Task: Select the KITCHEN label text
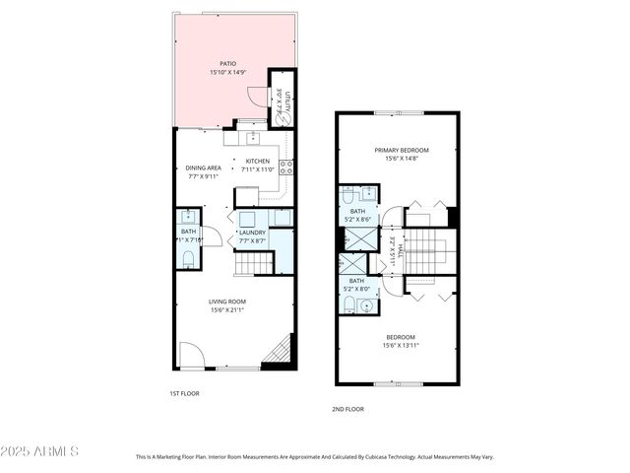coord(257,162)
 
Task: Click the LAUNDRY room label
coord(253,233)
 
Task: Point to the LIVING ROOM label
coord(227,302)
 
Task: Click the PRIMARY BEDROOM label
coord(401,151)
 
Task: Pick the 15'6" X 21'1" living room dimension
coord(227,310)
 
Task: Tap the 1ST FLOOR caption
coord(184,393)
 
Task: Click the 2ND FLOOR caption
coord(348,407)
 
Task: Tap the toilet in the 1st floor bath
coord(188,259)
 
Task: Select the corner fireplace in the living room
coord(283,350)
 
